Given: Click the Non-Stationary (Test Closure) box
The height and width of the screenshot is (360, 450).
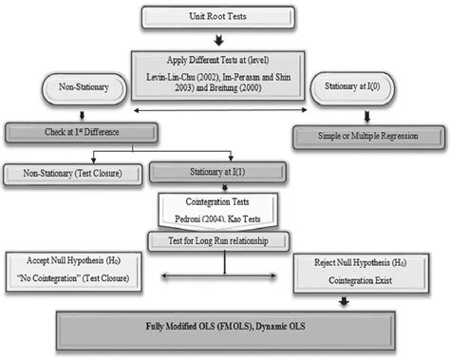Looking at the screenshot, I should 71,174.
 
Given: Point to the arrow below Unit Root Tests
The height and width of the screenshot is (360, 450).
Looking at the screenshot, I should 220,40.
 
